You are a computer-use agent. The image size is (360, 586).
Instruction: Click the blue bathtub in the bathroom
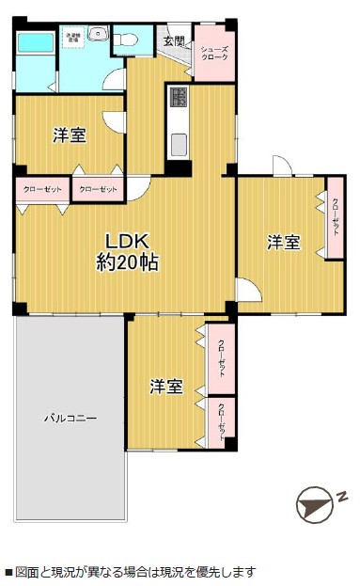point(35,43)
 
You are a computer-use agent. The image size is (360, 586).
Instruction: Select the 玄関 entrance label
point(174,41)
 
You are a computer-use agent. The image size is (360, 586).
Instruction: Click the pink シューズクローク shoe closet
point(214,53)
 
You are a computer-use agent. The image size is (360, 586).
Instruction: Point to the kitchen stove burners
point(178,98)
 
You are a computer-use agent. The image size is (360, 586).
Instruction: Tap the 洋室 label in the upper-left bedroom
point(69,135)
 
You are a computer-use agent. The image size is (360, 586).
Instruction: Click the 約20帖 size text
point(127,262)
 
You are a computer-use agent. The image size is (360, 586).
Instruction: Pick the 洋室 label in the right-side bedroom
point(283,243)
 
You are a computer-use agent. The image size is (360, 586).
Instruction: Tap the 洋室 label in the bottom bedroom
point(166,386)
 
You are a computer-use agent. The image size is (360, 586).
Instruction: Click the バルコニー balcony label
point(70,418)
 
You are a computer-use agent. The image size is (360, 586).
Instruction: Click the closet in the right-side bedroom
point(336,218)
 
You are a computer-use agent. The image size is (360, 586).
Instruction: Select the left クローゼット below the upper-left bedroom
point(41,189)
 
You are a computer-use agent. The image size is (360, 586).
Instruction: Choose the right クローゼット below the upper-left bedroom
point(99,189)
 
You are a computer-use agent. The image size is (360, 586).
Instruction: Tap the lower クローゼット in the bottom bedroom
point(221,422)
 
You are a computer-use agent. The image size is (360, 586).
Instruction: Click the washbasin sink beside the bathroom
point(97,37)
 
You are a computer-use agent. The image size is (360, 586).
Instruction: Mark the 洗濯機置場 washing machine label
point(71,39)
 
